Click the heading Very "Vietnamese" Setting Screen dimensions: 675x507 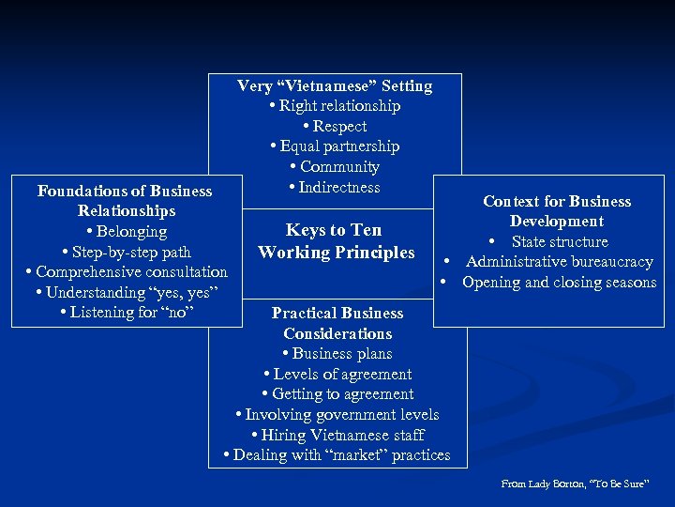click(335, 85)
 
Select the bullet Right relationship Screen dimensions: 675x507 click(335, 106)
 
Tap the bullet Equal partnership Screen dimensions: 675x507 click(335, 146)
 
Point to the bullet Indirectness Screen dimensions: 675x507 click(335, 187)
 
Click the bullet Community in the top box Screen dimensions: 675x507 click(335, 167)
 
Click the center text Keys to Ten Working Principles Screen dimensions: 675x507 click(336, 241)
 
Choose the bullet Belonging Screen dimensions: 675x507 click(127, 231)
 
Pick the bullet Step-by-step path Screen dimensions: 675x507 click(127, 252)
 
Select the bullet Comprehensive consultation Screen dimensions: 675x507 click(127, 271)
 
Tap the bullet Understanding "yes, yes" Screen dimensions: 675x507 click(127, 292)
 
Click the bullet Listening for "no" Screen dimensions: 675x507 click(127, 312)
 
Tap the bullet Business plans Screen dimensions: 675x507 click(337, 354)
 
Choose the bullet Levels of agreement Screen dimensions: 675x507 click(337, 374)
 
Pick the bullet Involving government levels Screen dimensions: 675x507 click(337, 414)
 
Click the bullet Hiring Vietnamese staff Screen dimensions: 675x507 click(337, 435)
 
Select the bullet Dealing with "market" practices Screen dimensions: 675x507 click(337, 455)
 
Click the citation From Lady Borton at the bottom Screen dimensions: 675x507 click(575, 484)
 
